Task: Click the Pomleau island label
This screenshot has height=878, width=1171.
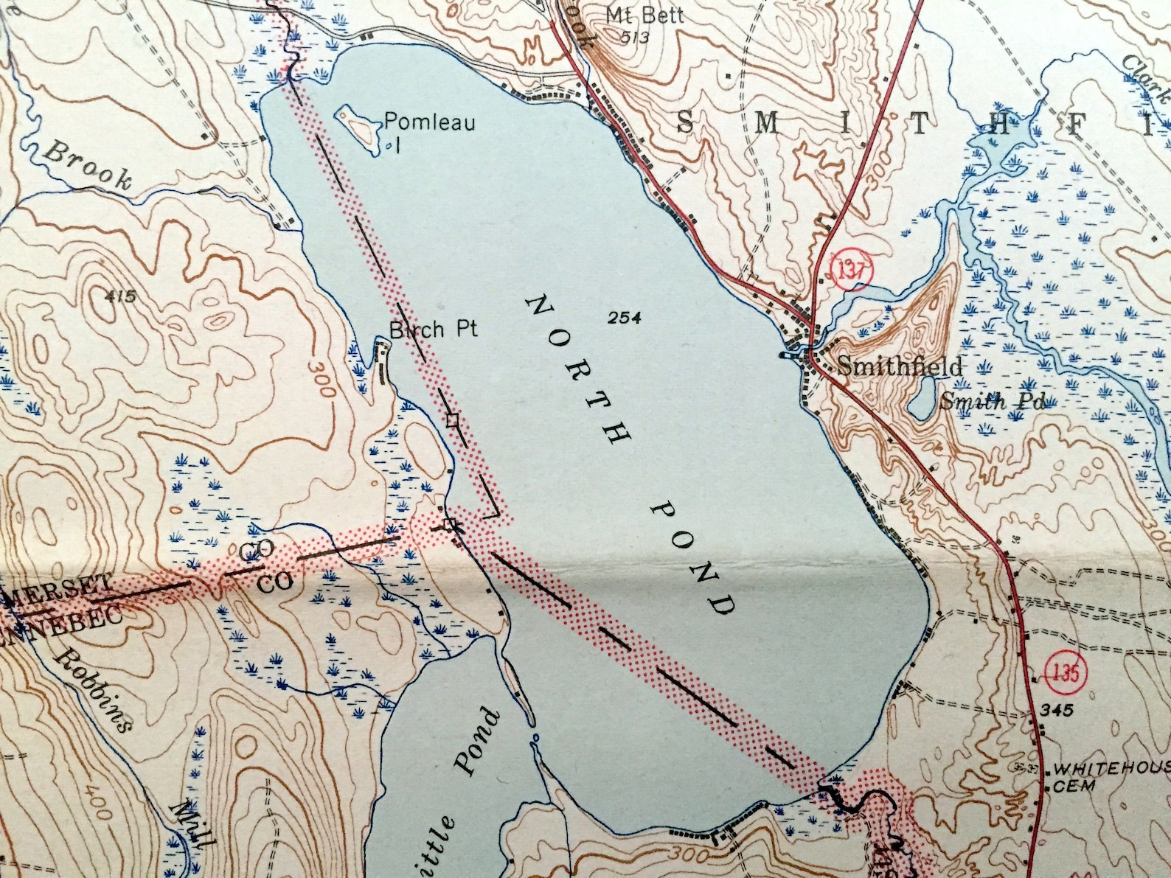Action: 430,122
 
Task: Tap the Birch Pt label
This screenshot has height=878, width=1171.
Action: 434,329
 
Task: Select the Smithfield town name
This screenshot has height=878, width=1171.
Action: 900,367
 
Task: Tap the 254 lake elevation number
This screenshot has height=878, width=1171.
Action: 625,318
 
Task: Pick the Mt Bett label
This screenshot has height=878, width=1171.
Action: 644,14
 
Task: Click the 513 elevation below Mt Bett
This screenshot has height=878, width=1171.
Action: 634,37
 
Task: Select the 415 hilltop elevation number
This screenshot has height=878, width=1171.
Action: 122,297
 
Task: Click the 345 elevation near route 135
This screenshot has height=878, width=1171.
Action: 1058,710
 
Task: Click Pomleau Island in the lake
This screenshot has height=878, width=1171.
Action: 357,125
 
